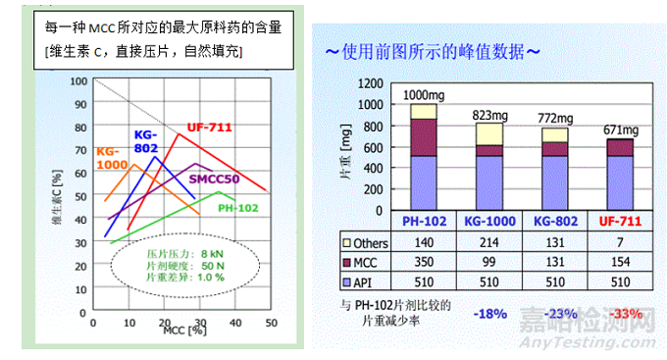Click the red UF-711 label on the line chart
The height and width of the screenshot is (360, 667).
[x=210, y=127]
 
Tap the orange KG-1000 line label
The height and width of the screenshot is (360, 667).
[x=116, y=159]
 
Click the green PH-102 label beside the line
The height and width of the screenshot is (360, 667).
[x=239, y=208]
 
